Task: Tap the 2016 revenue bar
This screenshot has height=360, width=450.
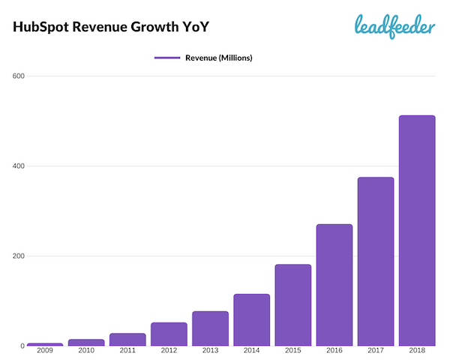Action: point(334,285)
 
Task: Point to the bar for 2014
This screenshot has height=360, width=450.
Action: point(251,319)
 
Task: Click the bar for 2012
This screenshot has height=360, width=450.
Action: point(169,334)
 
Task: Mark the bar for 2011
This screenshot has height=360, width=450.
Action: point(127,339)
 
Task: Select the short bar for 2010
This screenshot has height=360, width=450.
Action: point(86,342)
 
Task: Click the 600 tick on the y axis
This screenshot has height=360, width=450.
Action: point(19,76)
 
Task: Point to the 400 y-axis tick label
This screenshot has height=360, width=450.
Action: point(19,166)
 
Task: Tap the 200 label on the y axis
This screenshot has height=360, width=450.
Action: point(19,256)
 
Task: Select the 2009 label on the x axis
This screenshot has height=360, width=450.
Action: point(45,351)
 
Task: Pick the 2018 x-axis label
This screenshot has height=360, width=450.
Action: point(416,351)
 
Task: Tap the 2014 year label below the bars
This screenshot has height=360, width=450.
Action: point(251,351)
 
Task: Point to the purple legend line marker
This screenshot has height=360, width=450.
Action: point(166,57)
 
